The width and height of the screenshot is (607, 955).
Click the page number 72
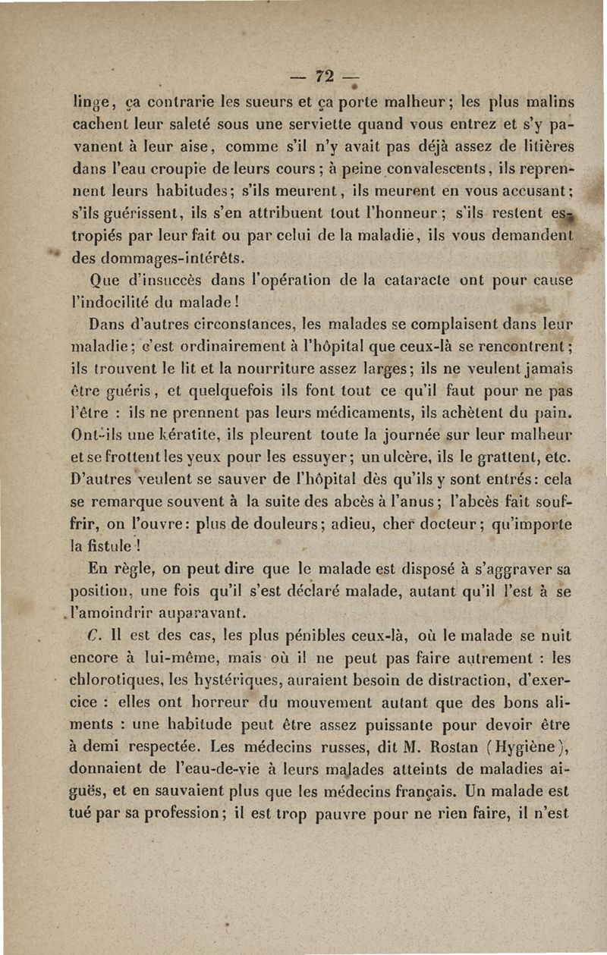point(325,77)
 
